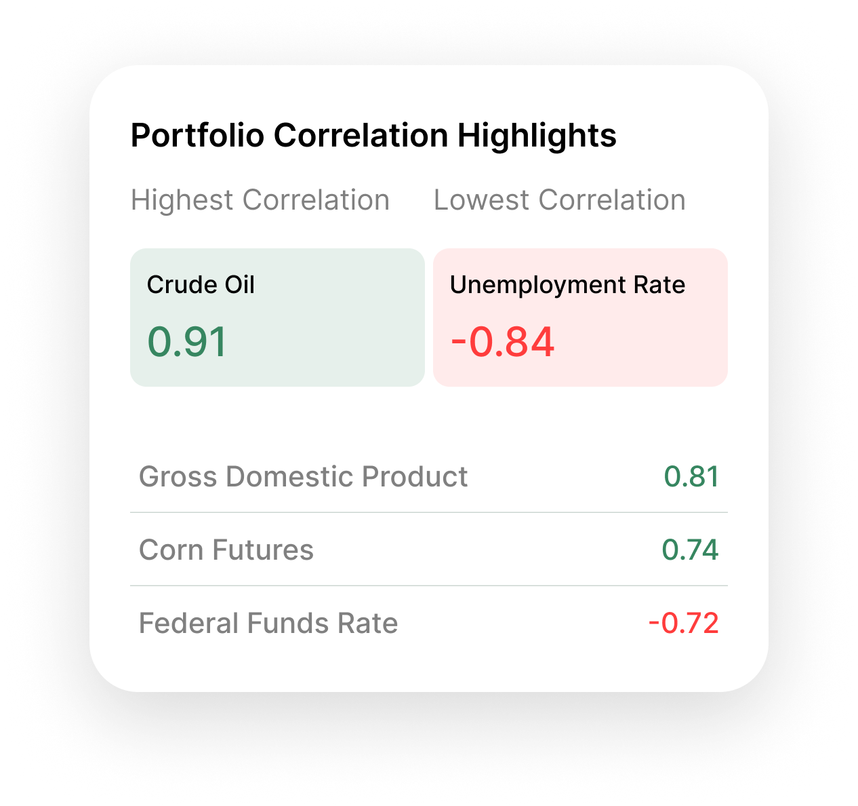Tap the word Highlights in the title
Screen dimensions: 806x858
[x=537, y=136]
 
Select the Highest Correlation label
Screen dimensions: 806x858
[x=260, y=200]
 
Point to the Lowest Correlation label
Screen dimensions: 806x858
[x=559, y=200]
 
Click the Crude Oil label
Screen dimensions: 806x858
[x=201, y=285]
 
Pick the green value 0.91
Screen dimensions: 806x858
[x=187, y=341]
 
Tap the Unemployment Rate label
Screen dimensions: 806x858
[x=567, y=285]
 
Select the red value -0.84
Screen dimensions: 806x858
[x=503, y=341]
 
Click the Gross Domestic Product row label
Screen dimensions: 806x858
[x=303, y=477]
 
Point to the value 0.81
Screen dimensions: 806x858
[x=691, y=477]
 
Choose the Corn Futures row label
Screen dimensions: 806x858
[x=226, y=550]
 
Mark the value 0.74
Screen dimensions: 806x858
[x=690, y=550]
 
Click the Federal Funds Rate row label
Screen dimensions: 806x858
[x=268, y=623]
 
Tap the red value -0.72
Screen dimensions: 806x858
[x=683, y=623]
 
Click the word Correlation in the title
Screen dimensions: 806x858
[x=361, y=136]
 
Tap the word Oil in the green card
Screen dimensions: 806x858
[x=239, y=285]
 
